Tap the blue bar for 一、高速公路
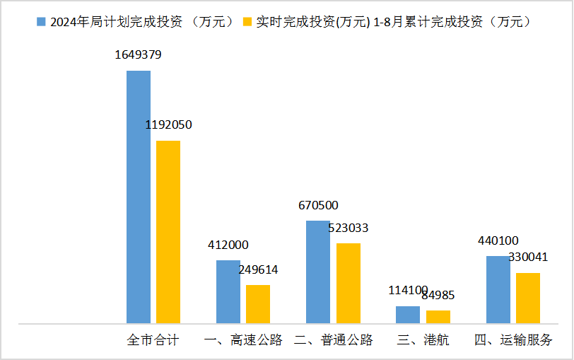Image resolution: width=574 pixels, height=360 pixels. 228,291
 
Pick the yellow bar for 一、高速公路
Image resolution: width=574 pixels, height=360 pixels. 258,304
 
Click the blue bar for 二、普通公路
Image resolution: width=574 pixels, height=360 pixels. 317,272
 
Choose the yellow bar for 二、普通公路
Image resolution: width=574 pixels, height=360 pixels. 348,283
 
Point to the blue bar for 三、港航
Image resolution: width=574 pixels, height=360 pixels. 408,315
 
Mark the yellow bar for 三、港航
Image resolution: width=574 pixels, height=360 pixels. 438,317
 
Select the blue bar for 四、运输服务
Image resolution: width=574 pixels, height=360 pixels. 498,289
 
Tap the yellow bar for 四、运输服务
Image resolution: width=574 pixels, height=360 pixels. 528,298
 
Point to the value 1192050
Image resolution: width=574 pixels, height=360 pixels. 168,125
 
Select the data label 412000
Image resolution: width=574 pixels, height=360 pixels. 228,245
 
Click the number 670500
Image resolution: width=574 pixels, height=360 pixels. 318,206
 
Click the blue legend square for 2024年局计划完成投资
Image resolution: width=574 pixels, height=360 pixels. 41,22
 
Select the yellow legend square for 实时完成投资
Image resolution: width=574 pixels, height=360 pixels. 247,22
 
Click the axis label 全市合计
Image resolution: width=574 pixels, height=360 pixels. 153,340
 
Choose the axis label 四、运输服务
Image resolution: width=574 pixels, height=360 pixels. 513,340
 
